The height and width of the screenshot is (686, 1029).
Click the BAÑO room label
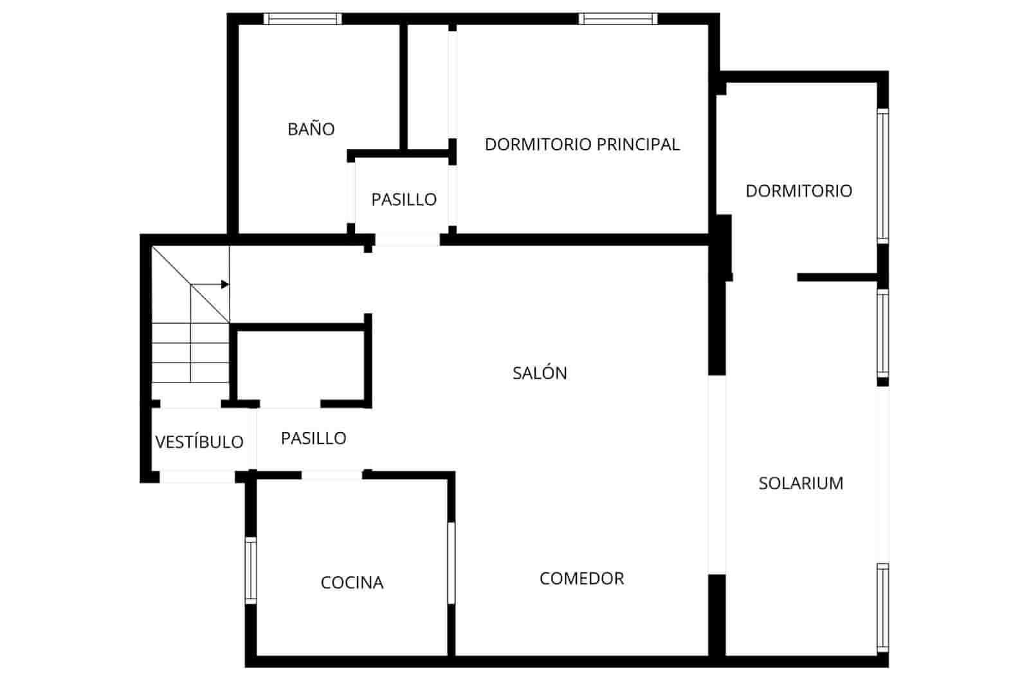click(x=311, y=129)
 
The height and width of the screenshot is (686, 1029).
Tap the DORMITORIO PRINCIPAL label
click(x=581, y=144)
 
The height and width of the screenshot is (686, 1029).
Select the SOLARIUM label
click(x=800, y=483)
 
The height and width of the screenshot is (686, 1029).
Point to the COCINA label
click(x=352, y=582)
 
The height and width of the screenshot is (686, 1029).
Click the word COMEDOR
click(x=581, y=578)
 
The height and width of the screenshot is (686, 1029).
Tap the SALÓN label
click(x=540, y=373)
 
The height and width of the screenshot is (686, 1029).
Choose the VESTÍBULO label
click(x=199, y=442)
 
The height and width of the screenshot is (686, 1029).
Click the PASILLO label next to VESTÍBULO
click(x=313, y=438)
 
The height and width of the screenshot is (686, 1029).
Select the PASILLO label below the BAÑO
click(x=403, y=199)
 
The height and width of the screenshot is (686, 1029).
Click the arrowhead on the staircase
click(x=224, y=284)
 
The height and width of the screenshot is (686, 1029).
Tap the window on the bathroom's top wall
click(x=302, y=19)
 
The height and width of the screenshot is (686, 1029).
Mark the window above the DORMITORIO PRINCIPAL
click(x=617, y=19)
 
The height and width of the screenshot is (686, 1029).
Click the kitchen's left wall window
click(x=251, y=570)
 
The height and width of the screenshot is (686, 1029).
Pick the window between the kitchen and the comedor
click(x=451, y=563)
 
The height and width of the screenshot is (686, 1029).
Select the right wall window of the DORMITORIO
click(x=883, y=176)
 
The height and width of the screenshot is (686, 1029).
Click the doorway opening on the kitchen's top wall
click(x=332, y=474)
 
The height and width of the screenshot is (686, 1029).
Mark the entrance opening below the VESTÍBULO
click(x=197, y=476)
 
